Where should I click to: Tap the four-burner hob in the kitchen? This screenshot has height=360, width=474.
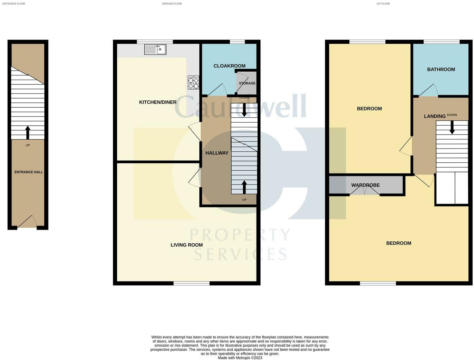pyautogui.click(x=193, y=83)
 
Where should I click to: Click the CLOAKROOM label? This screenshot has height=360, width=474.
pyautogui.click(x=229, y=66)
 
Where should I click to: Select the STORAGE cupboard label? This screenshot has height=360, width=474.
pyautogui.click(x=247, y=83)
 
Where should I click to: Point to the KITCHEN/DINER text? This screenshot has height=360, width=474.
pyautogui.click(x=158, y=102)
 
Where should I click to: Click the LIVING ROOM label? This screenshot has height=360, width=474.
pyautogui.click(x=187, y=245)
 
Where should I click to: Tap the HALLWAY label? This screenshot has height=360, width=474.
pyautogui.click(x=217, y=153)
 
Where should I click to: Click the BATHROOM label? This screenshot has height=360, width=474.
pyautogui.click(x=441, y=69)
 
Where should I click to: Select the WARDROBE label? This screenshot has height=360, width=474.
pyautogui.click(x=365, y=185)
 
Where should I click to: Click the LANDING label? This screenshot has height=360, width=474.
pyautogui.click(x=435, y=116)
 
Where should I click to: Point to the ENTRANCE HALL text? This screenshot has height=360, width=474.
pyautogui.click(x=28, y=172)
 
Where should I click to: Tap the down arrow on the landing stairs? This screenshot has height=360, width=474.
pyautogui.click(x=452, y=127)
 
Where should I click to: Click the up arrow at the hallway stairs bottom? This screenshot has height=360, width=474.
pyautogui.click(x=244, y=187)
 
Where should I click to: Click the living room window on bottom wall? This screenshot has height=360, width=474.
pyautogui.click(x=191, y=283)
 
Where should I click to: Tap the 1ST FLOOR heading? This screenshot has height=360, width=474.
pyautogui.click(x=383, y=4)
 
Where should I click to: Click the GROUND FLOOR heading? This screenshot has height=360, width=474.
pyautogui.click(x=172, y=4)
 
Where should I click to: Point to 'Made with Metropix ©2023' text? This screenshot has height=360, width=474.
pyautogui.click(x=240, y=358)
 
